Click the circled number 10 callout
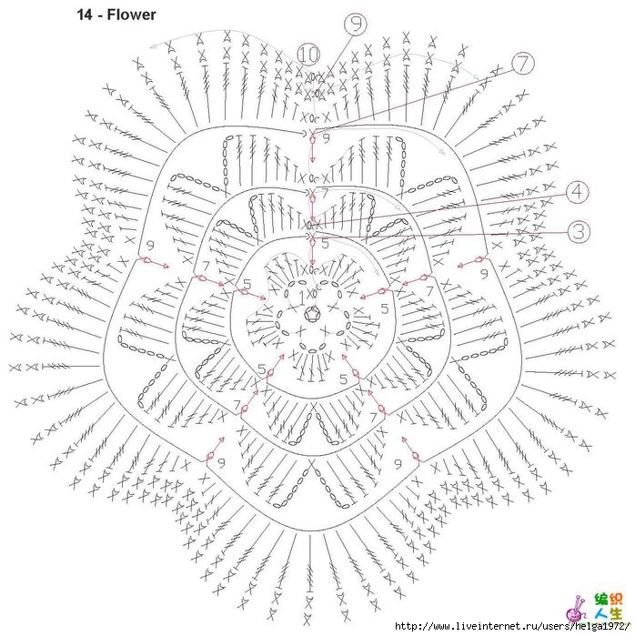pyautogui.click(x=308, y=54)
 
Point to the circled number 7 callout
pyautogui.click(x=522, y=64)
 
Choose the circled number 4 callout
pyautogui.click(x=578, y=192)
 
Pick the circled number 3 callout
pyautogui.click(x=578, y=232)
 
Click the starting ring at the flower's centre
pyautogui.click(x=312, y=315)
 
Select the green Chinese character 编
pyautogui.click(x=601, y=599)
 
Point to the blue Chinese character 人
pyautogui.click(x=601, y=614)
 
